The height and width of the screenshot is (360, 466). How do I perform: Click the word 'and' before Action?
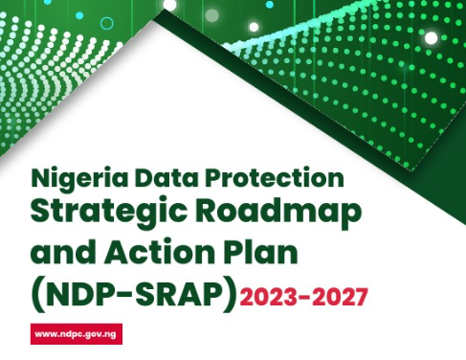(63, 254)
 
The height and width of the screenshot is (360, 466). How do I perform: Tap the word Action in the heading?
(155, 254)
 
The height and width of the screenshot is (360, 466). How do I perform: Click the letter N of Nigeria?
(38, 178)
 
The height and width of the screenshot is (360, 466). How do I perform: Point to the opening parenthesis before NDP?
(36, 293)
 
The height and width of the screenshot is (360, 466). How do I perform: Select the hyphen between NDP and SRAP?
(123, 294)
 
